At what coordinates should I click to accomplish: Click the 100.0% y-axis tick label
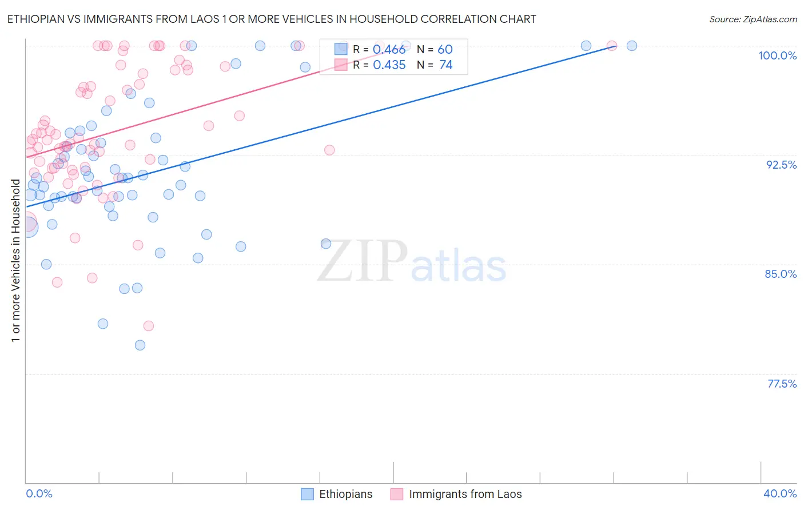777,55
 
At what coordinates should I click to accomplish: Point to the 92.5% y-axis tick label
781,165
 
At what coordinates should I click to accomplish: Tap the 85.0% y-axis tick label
781,274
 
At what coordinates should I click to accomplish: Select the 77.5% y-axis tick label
782,384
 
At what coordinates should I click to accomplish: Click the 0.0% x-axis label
39,493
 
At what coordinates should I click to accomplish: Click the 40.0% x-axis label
780,493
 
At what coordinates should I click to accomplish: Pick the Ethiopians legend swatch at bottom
308,494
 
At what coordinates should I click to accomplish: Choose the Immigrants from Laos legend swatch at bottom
397,494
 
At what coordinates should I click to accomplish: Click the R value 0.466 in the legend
389,50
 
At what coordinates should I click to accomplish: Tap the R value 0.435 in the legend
389,65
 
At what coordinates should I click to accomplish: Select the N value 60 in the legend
445,50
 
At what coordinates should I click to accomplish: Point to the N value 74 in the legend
445,65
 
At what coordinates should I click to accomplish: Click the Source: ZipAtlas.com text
753,19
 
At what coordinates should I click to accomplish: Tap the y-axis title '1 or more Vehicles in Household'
16,261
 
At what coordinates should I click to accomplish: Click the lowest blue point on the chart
140,345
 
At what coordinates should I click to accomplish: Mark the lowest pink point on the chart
149,326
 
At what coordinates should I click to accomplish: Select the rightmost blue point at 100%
632,46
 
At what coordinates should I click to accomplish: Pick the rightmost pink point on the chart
612,46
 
